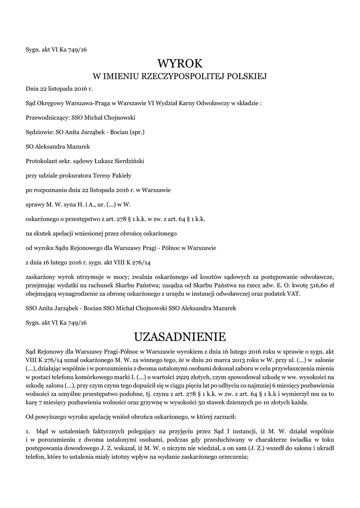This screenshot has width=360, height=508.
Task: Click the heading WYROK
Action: coord(180,64)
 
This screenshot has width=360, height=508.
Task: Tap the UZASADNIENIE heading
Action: coord(180,337)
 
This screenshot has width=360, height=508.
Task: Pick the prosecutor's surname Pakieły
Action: coord(117,175)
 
